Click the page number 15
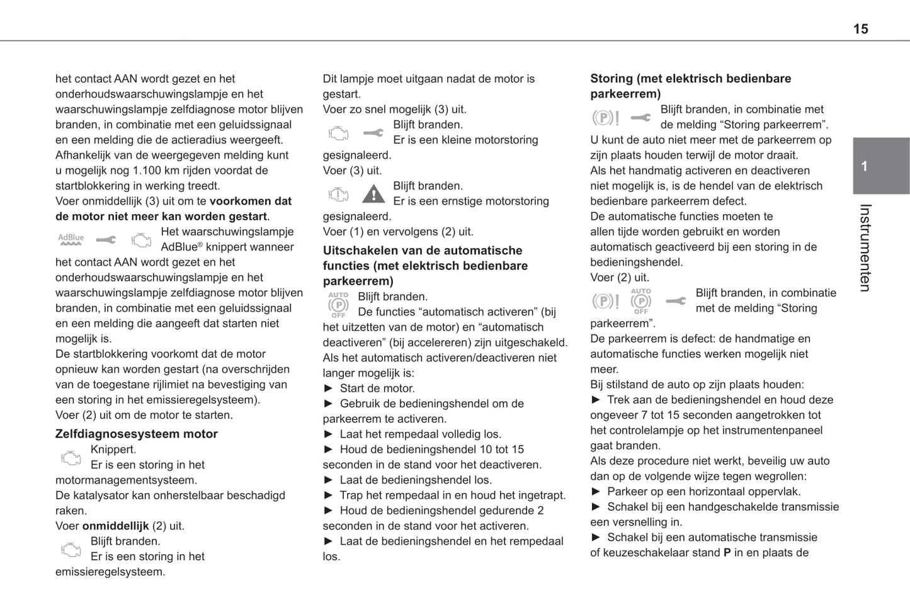860,29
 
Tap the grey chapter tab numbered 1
880,166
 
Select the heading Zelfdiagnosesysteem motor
136,434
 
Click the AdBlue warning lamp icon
71,240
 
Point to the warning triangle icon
373,194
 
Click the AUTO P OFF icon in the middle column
338,304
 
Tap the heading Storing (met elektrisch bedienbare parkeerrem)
690,86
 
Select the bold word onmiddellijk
115,526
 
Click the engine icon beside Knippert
71,458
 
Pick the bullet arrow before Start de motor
328,389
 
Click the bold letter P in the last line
727,553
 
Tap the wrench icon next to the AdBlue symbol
106,240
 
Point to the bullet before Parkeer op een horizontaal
596,492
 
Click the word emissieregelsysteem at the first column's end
110,572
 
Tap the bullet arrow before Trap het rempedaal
328,496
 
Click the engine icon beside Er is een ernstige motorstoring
338,194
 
